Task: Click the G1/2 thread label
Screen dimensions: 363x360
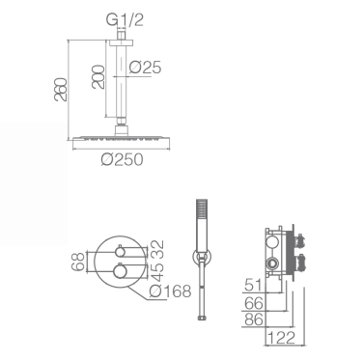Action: tap(125, 20)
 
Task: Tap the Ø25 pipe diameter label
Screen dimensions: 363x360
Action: tap(145, 68)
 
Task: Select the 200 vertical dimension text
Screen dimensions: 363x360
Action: tap(98, 77)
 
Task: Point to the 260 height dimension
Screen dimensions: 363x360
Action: tap(61, 90)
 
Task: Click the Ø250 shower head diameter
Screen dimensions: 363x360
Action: tap(123, 159)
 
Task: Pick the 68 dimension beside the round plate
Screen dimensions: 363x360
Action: tap(77, 262)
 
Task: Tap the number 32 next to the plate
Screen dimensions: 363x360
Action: tap(157, 249)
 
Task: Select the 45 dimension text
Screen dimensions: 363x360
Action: tap(157, 270)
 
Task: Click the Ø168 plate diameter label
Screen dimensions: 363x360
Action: tap(171, 291)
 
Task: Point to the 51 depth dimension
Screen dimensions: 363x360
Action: tap(254, 285)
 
